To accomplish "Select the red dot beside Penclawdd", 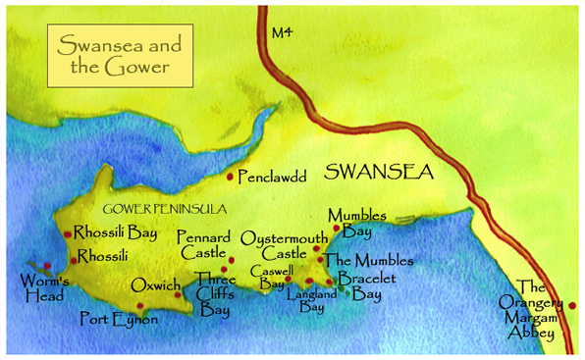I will pyautogui.click(x=231, y=177).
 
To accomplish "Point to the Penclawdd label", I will pyautogui.click(x=273, y=178).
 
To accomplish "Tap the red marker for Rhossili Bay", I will pyautogui.click(x=67, y=233).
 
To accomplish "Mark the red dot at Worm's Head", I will pyautogui.click(x=46, y=265).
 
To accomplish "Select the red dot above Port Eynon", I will pyautogui.click(x=140, y=305).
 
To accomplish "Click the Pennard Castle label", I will pyautogui.click(x=202, y=246).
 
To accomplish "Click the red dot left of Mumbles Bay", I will pyautogui.click(x=337, y=228).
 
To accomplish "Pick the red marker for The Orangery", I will pyautogui.click(x=572, y=305).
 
